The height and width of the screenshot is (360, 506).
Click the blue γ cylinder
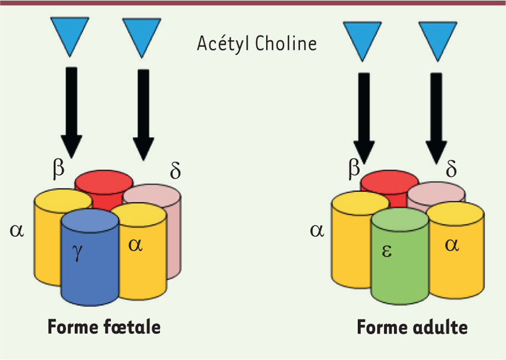click(x=90, y=257)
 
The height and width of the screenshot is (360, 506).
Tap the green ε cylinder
click(x=400, y=257)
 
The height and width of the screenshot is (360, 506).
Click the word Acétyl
click(x=223, y=44)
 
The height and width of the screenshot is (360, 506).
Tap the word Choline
click(x=286, y=43)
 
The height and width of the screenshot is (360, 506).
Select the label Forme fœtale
click(x=104, y=327)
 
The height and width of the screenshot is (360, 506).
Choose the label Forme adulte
click(x=412, y=327)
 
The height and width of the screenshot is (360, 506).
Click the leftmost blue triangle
click(x=70, y=37)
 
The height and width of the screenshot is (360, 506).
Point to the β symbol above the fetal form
click(x=59, y=169)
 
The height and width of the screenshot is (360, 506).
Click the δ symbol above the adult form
click(x=451, y=169)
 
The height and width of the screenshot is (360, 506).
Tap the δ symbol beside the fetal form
click(x=175, y=170)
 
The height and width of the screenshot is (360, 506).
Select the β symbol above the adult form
click(x=354, y=169)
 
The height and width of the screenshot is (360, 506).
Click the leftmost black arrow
click(x=71, y=113)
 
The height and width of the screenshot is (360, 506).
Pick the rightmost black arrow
click(x=436, y=119)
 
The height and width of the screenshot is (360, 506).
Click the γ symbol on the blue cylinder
click(x=78, y=253)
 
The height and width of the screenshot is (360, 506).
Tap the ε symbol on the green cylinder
click(x=387, y=251)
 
